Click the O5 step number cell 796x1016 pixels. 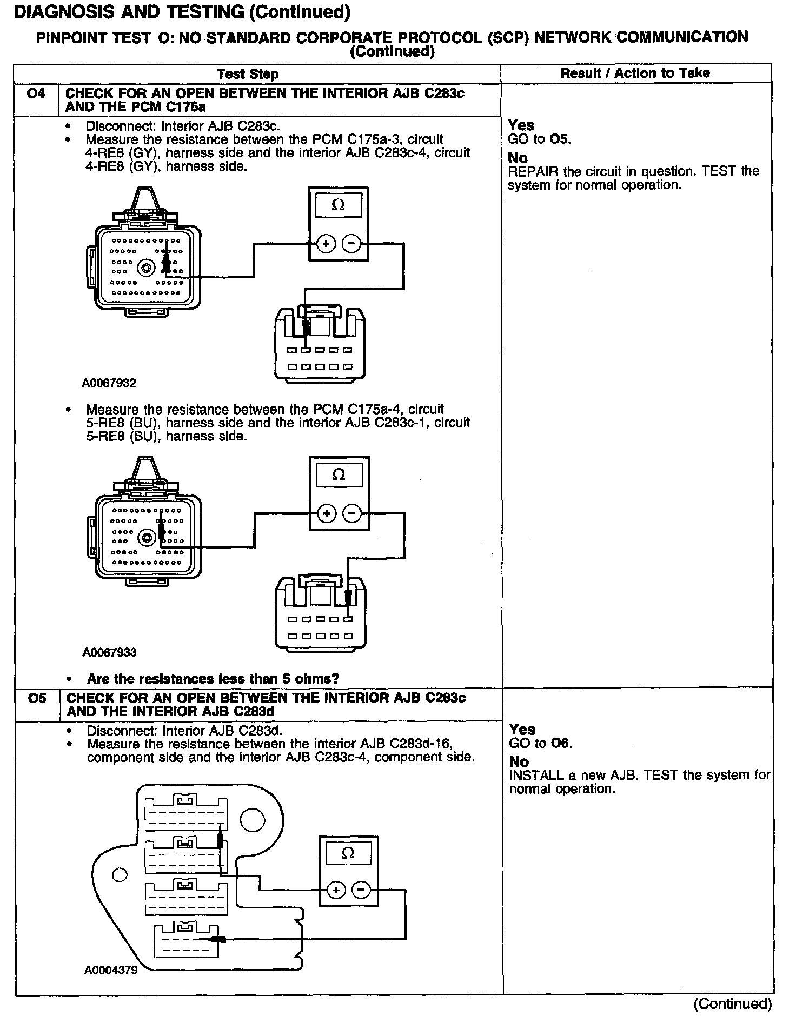(x=37, y=699)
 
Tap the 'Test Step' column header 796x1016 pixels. (x=248, y=74)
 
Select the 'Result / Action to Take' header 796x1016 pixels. (x=635, y=73)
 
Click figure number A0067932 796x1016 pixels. (x=109, y=383)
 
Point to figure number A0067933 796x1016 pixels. (x=109, y=652)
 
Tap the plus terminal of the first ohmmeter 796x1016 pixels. (x=326, y=244)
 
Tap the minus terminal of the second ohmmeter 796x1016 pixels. (x=352, y=513)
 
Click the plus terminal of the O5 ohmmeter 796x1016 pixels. (x=336, y=890)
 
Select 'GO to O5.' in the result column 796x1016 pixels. (x=539, y=139)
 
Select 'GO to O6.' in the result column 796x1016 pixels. (x=540, y=743)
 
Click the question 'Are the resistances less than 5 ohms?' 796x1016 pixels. (x=213, y=679)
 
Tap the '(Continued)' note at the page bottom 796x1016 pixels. (x=732, y=1004)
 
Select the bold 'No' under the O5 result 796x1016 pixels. (x=519, y=761)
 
